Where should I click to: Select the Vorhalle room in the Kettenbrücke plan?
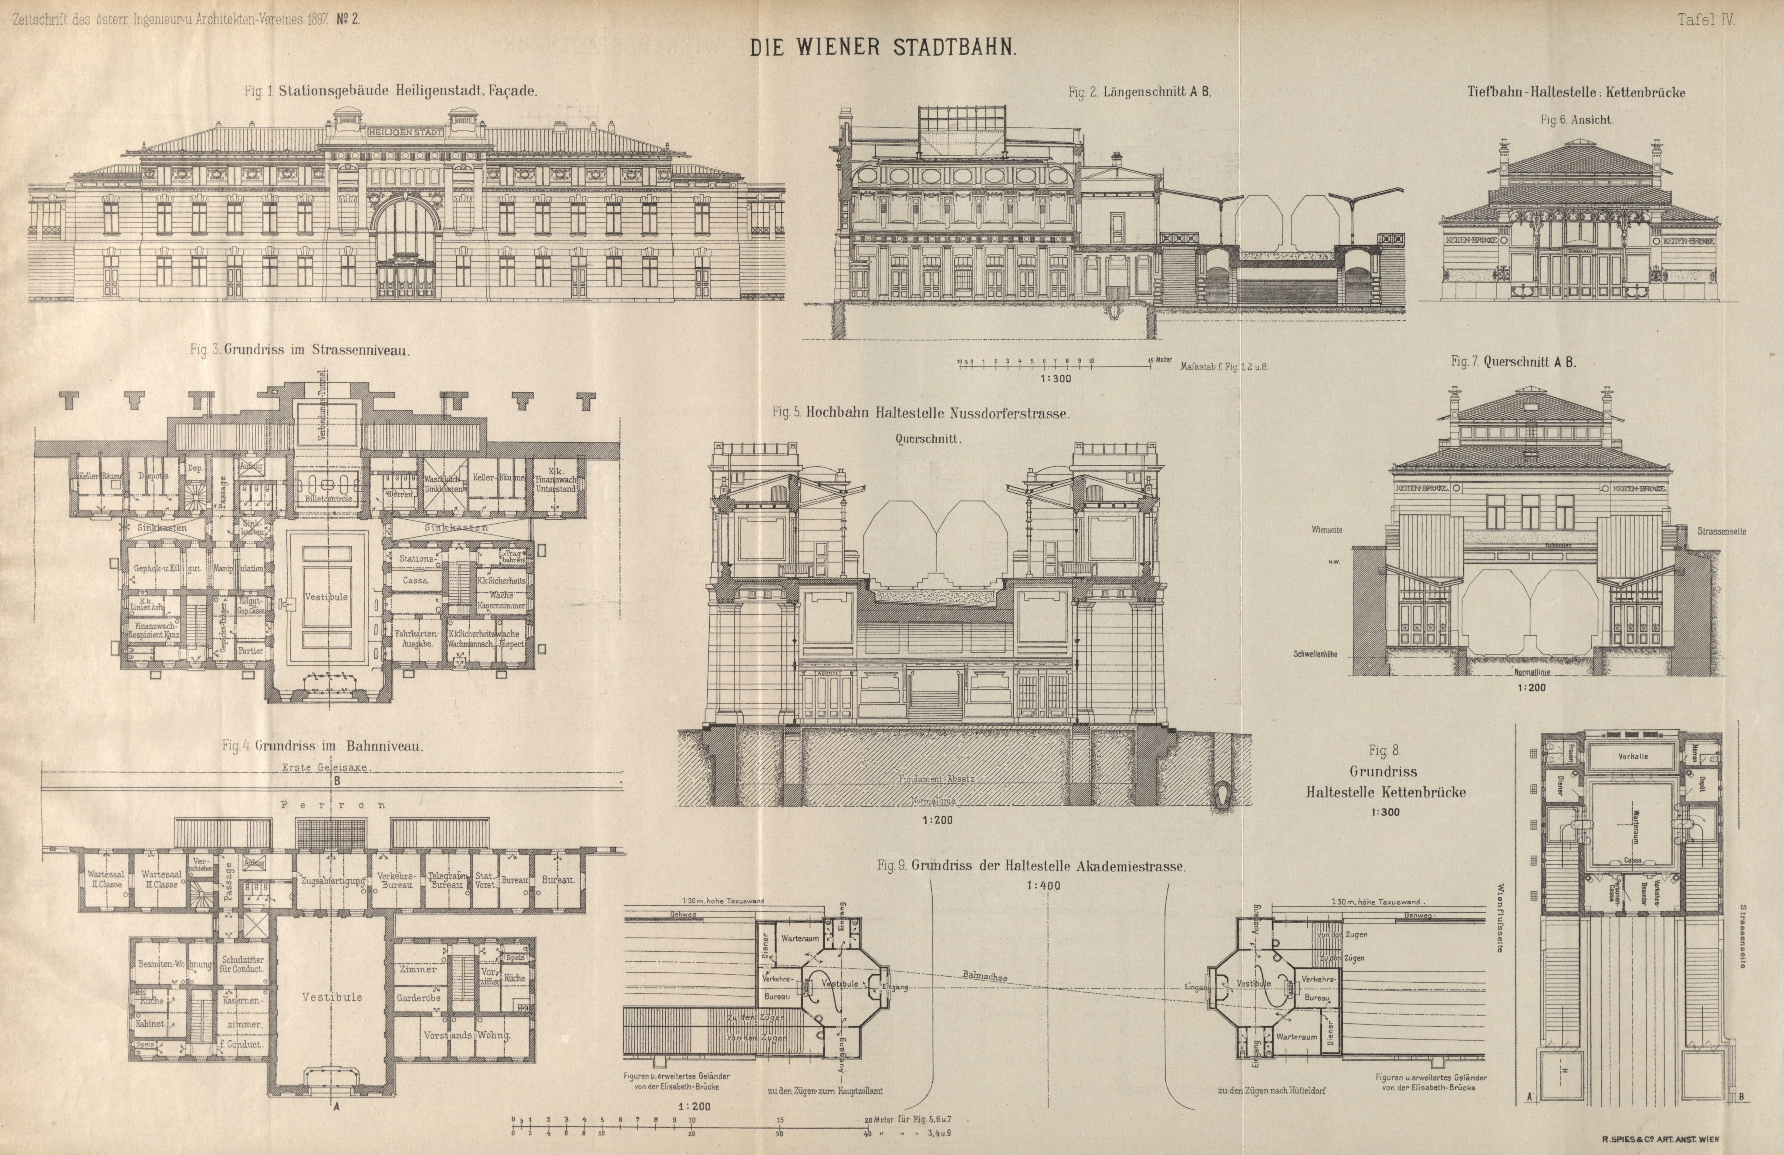[x=1633, y=757]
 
